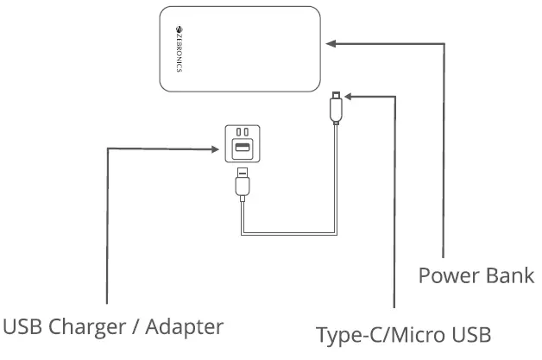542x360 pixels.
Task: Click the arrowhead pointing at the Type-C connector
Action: point(348,97)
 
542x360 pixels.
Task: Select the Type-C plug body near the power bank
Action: point(334,110)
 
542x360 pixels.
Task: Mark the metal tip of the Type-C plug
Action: point(334,93)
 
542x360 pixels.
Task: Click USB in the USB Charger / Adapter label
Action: point(22,327)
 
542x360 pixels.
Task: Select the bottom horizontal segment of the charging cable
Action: point(287,233)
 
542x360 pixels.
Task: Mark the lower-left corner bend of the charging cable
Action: point(243,232)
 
